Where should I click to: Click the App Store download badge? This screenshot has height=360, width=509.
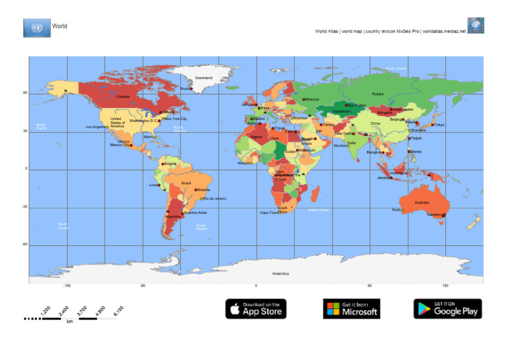256,308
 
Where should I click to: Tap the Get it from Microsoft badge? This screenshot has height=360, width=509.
351,308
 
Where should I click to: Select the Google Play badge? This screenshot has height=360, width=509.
447,308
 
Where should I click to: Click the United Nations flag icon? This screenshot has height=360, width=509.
36,28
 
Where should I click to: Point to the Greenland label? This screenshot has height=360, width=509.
203,78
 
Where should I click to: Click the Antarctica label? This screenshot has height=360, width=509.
280,273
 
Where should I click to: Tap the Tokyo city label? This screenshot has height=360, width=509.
439,125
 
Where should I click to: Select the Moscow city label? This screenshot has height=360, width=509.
312,99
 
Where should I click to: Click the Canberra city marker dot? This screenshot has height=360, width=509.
444,215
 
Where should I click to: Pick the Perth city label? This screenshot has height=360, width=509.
396,210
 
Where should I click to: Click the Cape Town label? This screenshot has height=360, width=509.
268,213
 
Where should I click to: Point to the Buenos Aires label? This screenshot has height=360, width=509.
196,213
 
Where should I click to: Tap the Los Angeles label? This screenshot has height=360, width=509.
95,127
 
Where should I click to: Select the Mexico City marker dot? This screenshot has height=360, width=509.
131,145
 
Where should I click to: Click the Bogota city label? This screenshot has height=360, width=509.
170,164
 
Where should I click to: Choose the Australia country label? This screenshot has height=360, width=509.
422,202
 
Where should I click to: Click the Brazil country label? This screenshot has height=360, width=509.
186,183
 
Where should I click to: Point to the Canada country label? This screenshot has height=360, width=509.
123,97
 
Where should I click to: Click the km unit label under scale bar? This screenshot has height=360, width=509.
70,322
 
